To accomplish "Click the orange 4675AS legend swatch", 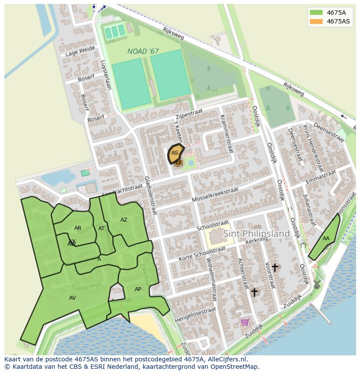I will tap(316, 21).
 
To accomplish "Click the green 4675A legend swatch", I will tap(316, 13).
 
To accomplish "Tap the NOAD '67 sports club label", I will tap(143, 51).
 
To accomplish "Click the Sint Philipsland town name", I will tap(256, 234).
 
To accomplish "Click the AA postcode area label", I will tap(326, 238).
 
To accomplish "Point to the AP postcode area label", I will tap(138, 289).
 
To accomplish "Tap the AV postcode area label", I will tap(73, 298).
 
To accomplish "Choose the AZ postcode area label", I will tap(124, 220).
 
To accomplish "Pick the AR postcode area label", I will tap(78, 228).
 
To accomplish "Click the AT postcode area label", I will tap(101, 228).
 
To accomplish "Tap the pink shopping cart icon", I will tap(245, 322).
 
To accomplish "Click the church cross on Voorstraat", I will tap(274, 268).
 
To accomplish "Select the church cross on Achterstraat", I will tap(254, 292).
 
